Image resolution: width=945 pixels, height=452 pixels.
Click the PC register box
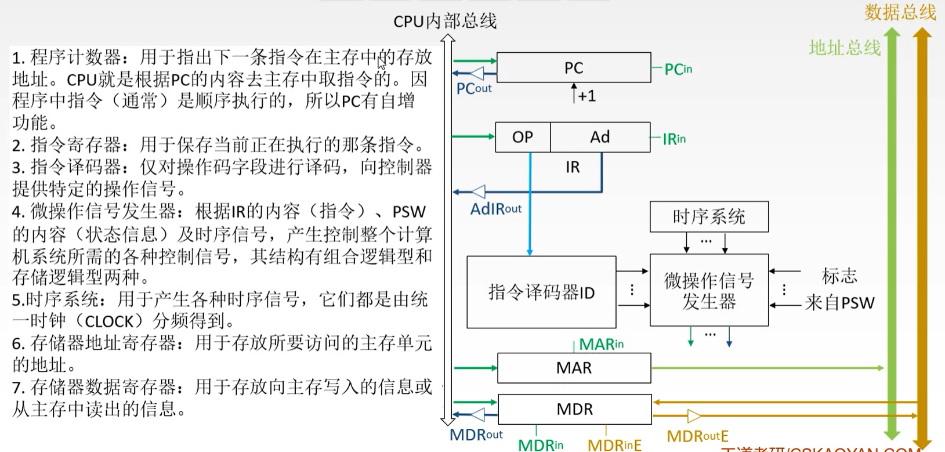click(x=573, y=68)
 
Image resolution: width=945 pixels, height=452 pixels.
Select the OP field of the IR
click(x=522, y=137)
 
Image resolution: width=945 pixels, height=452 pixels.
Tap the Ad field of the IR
click(x=600, y=137)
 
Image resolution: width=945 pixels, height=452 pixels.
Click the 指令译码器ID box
click(x=541, y=292)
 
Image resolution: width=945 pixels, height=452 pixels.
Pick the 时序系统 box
click(x=709, y=217)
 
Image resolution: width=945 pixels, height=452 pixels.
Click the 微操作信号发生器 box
click(x=709, y=290)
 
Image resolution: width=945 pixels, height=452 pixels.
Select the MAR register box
click(x=574, y=368)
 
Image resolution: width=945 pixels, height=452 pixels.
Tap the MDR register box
click(x=574, y=409)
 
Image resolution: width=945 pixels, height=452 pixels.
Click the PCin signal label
click(x=678, y=70)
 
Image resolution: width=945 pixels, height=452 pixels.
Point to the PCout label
click(x=473, y=89)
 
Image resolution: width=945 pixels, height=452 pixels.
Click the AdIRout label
click(x=495, y=209)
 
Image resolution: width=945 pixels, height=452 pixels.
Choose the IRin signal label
click(x=674, y=139)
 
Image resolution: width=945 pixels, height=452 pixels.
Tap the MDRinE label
click(x=614, y=445)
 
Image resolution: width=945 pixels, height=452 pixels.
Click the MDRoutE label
click(x=697, y=436)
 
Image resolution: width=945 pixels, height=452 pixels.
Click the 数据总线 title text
click(x=900, y=12)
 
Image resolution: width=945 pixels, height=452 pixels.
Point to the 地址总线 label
click(x=845, y=48)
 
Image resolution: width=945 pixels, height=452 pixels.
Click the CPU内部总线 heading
click(x=445, y=21)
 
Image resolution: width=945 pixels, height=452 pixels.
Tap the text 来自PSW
click(x=839, y=303)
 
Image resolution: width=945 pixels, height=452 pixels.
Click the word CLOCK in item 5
click(x=110, y=321)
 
